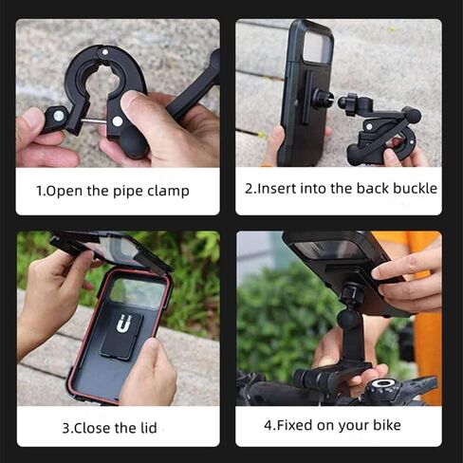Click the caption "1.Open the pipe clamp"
112,191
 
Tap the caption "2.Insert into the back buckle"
341,189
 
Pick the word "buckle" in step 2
415,189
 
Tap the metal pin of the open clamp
91,121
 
